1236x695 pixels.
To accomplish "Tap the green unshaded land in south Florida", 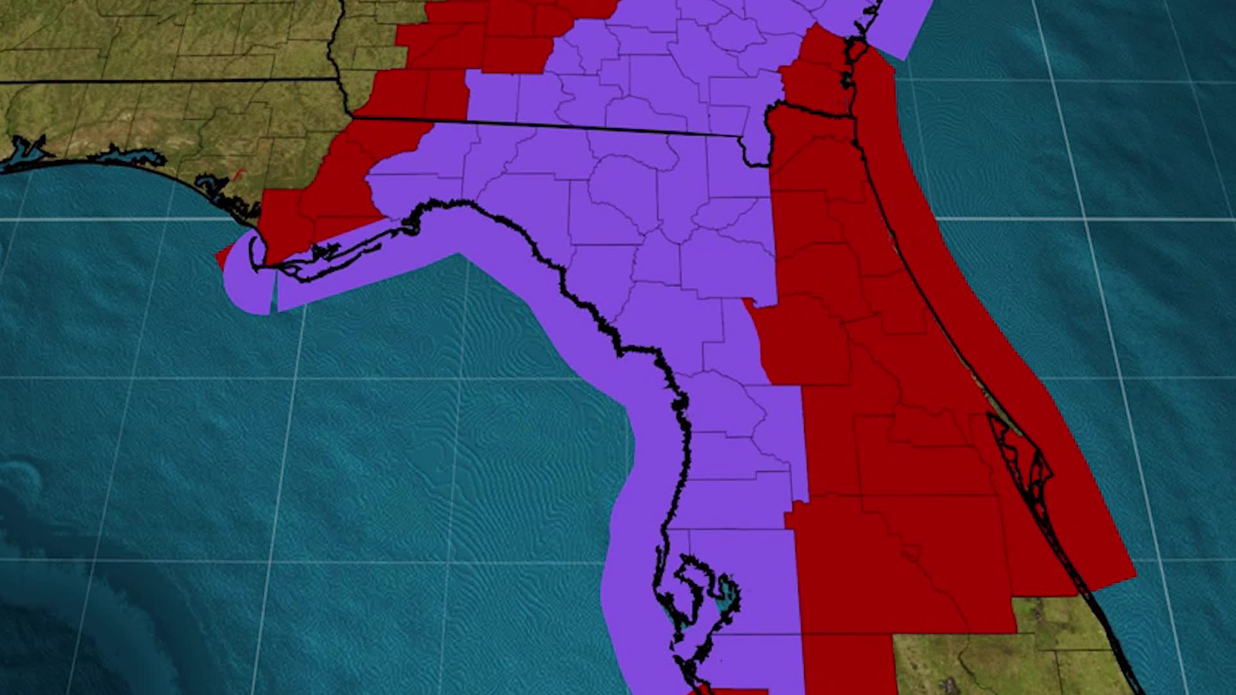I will tap(953, 663).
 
